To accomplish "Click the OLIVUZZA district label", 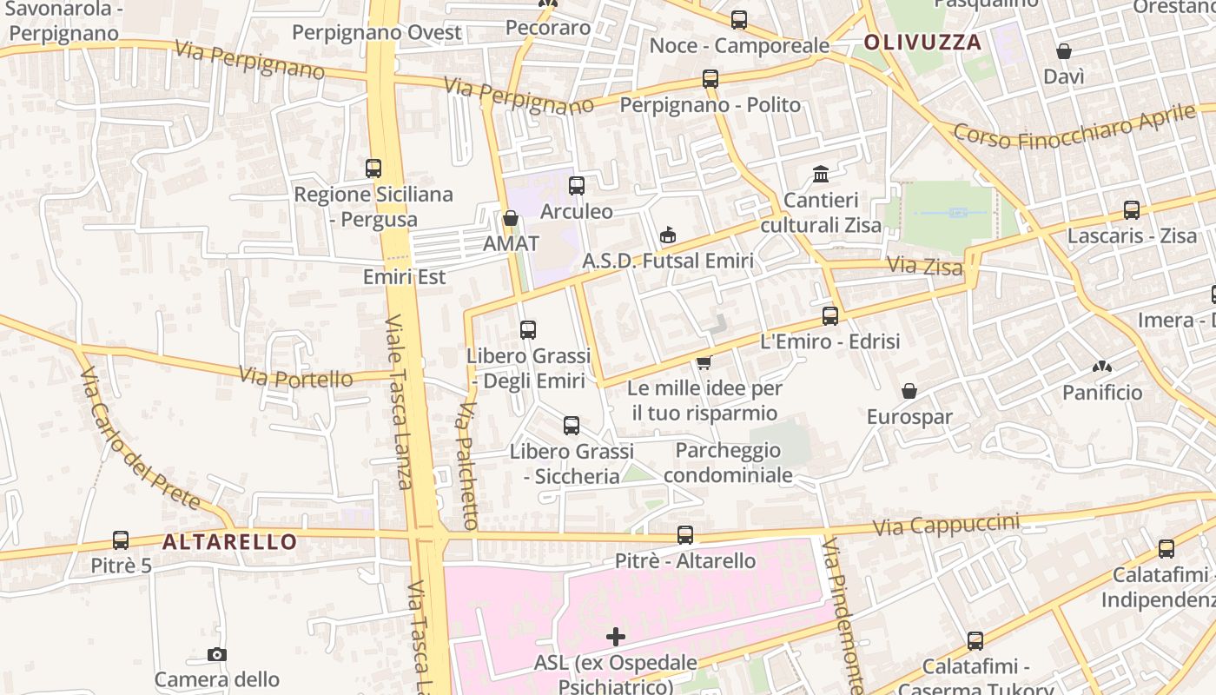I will pos(922,42).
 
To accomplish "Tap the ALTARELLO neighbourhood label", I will pos(230,542).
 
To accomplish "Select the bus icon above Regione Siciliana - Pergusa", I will pos(373,169).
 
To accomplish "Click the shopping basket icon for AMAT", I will pos(511,218).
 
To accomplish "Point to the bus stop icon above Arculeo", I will pos(577,186).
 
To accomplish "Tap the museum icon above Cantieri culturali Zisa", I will pos(821,175).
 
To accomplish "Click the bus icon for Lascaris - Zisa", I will pos(1132,210).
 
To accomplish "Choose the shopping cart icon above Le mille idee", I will pos(704,361).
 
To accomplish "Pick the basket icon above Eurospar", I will pos(909,392).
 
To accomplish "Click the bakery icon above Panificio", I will pos(1102,367).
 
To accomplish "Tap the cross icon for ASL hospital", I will pos(616,638).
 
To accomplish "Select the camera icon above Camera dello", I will pos(217,654).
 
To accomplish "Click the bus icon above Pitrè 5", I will pos(121,540).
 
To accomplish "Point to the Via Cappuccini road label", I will pos(946,525).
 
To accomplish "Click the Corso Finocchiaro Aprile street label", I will pos(1074,125).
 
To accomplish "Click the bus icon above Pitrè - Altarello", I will pos(685,535).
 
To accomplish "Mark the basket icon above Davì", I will pos(1064,52).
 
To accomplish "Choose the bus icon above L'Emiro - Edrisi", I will pos(830,316).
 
